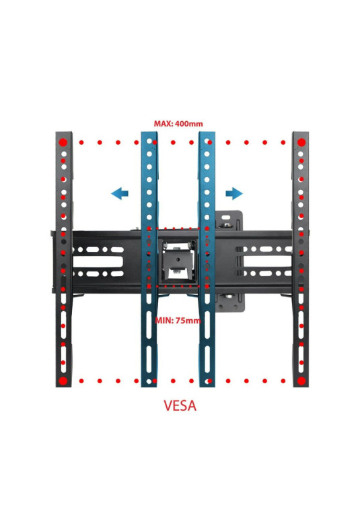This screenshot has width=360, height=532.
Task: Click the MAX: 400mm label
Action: tap(178, 123)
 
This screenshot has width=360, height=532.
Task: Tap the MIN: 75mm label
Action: tap(178, 321)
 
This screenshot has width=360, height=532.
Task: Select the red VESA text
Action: tap(180, 406)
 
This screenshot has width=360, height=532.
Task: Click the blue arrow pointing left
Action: tap(120, 194)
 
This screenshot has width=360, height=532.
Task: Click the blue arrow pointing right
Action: tap(234, 194)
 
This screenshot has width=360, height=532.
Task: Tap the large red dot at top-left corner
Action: tap(63, 143)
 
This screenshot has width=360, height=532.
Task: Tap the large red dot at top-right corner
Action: tap(301, 143)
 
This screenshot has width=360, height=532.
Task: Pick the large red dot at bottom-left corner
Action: tap(63, 380)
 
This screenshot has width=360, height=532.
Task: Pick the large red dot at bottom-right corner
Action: tap(301, 380)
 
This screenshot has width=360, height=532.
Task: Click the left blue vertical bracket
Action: tap(149, 259)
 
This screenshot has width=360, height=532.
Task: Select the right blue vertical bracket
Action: tap(207, 259)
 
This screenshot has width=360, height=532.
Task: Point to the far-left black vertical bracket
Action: tap(64, 259)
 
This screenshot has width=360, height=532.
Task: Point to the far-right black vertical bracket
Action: tap(301, 259)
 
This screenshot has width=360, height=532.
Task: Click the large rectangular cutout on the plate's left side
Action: tap(98, 261)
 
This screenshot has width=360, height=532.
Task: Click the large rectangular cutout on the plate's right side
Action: tap(268, 261)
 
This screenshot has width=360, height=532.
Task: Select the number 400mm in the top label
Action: tap(189, 123)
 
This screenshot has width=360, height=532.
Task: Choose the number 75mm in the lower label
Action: tap(188, 321)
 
